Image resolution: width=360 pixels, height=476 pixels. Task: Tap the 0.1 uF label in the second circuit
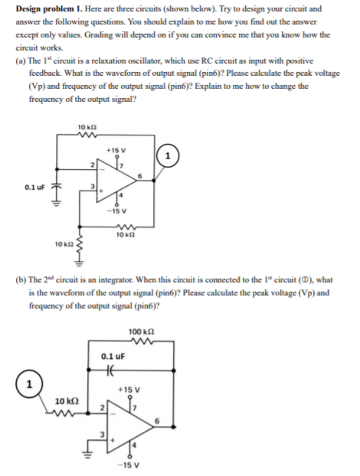[113, 356]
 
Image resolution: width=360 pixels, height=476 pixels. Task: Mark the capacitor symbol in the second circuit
[113, 369]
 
